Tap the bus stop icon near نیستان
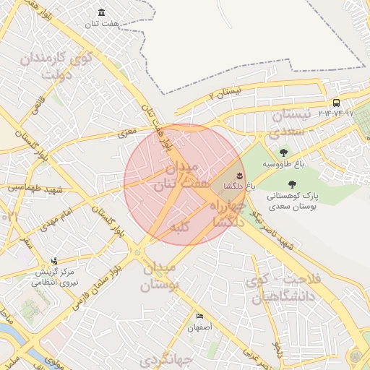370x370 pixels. pos(336,103)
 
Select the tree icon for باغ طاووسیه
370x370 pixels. pos(283,152)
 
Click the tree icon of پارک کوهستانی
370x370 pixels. pos(291,184)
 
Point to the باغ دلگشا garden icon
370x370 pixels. pos(239,176)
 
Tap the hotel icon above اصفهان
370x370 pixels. pos(199,317)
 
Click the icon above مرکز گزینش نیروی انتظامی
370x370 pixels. pos(54,262)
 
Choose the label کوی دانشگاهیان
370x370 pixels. pos(282,288)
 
